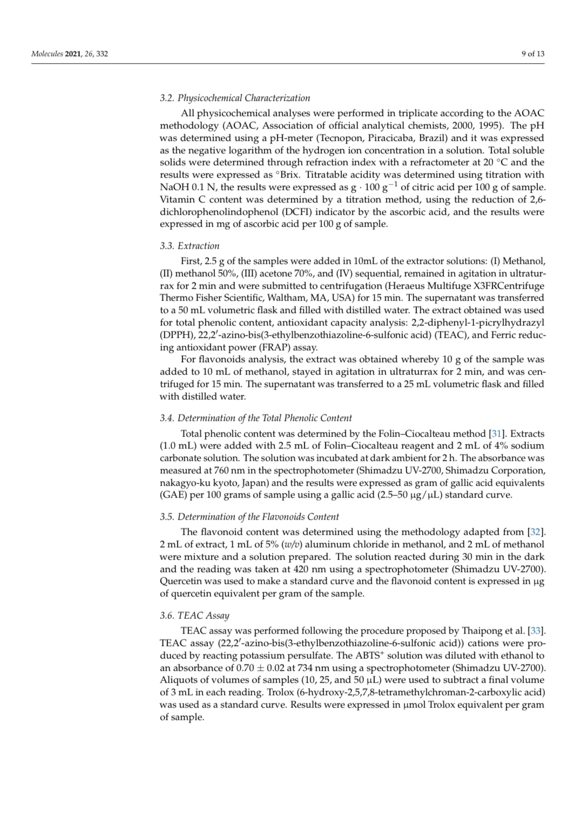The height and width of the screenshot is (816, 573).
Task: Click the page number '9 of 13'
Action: click(532, 53)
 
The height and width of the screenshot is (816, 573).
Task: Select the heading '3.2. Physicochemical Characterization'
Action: click(235, 98)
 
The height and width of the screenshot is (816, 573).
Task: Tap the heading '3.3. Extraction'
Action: click(190, 246)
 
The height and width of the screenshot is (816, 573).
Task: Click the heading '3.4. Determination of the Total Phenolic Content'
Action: click(255, 418)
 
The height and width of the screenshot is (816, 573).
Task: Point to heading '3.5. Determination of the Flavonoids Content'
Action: click(250, 516)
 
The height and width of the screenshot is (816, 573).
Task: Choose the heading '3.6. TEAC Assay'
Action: click(194, 615)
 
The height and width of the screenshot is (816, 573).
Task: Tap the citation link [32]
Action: click(536, 532)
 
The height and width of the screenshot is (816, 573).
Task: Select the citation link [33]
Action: click(536, 631)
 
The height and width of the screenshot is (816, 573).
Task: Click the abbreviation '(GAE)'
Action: click(173, 495)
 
